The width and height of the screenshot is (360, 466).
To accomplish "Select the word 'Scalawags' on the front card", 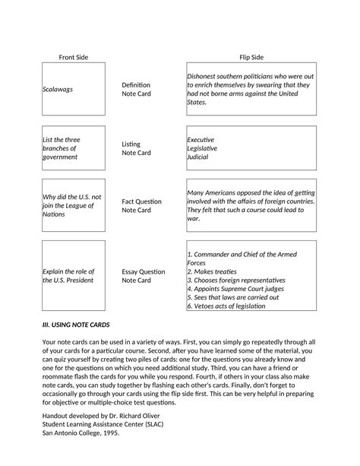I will tap(58, 89).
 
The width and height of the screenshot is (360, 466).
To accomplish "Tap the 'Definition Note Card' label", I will tap(137, 89).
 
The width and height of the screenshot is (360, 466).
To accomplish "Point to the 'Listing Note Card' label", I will tap(137, 147).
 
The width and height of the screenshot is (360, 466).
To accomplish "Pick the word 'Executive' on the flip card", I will tap(201, 140).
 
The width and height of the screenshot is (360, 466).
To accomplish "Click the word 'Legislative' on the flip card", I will tap(203, 148).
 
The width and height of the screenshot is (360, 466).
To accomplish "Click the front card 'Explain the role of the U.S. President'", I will tap(68, 275).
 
